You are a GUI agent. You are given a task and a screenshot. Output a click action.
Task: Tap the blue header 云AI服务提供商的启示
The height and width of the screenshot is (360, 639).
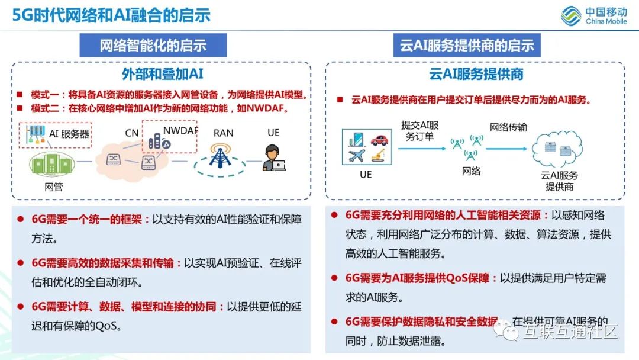click(467, 46)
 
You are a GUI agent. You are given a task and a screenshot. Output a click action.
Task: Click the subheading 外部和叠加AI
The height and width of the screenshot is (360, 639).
click(162, 74)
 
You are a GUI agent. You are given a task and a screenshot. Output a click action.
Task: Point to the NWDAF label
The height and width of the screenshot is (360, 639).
click(180, 130)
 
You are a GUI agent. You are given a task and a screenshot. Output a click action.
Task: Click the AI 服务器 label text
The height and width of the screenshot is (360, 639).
click(69, 134)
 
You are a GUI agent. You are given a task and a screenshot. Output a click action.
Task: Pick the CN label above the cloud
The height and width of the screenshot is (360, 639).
click(131, 133)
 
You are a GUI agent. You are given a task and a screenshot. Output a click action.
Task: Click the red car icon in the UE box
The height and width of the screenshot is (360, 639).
click(380, 140)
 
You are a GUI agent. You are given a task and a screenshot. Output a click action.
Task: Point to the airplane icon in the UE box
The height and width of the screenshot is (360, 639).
click(357, 156)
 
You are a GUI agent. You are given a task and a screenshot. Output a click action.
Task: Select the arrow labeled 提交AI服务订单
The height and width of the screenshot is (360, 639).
click(419, 149)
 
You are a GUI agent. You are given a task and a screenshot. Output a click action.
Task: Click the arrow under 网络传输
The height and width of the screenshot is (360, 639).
click(506, 149)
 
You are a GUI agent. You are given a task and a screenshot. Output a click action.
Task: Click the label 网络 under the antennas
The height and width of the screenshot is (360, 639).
click(471, 172)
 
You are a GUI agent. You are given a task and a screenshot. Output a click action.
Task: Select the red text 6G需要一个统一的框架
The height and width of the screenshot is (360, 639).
click(87, 220)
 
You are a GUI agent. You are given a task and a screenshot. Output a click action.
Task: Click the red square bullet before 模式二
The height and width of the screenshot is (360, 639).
click(20, 108)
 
